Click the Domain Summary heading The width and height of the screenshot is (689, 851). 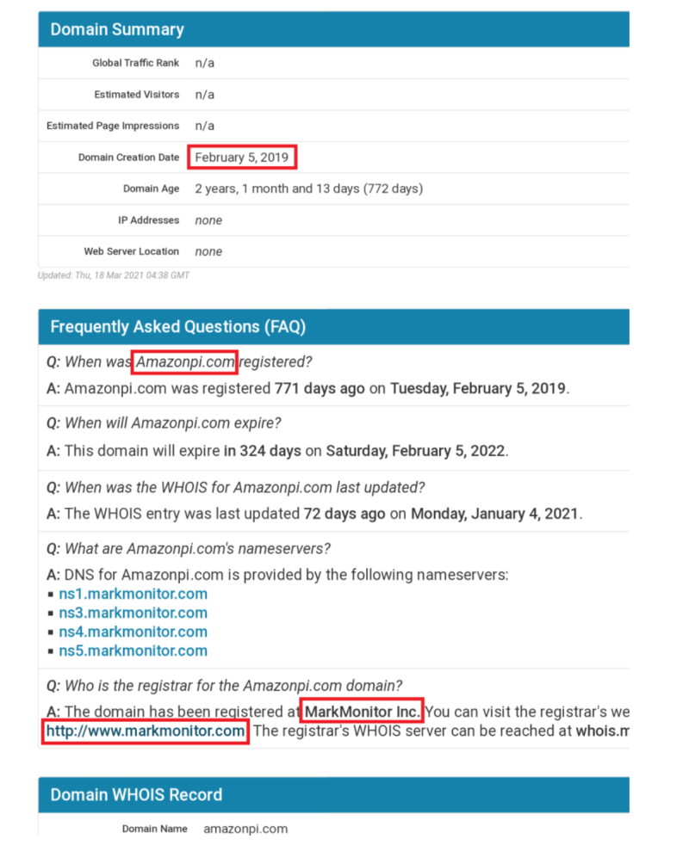(117, 29)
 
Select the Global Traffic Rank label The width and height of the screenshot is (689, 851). (136, 63)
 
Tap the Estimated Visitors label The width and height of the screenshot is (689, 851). (137, 95)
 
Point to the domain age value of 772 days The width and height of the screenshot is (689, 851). (308, 188)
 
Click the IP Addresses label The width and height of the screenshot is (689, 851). (148, 220)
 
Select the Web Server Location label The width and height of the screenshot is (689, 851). (131, 251)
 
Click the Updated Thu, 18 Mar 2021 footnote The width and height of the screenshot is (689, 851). (114, 275)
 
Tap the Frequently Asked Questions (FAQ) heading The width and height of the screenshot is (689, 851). (177, 327)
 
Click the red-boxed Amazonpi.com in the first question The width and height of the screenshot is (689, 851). (185, 362)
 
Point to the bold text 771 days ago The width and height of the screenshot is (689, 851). (320, 388)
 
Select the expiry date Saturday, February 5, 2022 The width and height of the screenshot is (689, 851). (416, 451)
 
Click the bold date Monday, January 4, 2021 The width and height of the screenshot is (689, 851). (495, 514)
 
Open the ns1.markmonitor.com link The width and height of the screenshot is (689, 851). (133, 594)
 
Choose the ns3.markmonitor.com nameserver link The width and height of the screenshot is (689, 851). (133, 613)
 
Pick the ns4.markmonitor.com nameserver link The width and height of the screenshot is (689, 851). (133, 632)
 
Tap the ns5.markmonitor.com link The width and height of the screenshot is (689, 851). (133, 651)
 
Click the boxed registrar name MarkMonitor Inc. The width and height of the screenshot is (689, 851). (363, 712)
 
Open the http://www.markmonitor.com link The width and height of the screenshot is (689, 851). (146, 731)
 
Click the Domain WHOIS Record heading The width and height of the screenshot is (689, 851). (136, 794)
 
